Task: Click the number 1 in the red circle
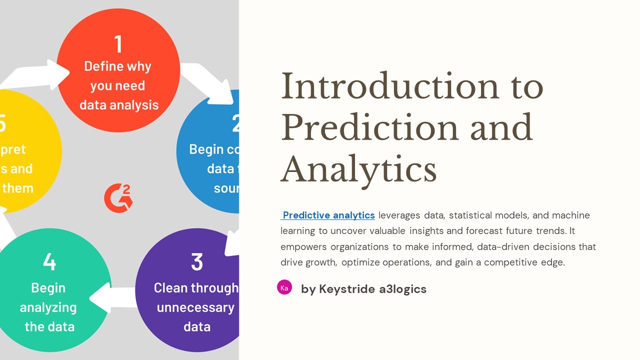pos(118,44)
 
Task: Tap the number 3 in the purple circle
pos(197,262)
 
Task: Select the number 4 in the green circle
pos(49,262)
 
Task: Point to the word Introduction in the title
pos(390,86)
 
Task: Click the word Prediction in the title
pos(368,127)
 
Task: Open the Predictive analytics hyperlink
pos(328,215)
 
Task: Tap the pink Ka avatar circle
pos(284,287)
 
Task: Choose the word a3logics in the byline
pos(401,289)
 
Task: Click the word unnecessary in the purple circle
pos(195,307)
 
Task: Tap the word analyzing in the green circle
pos(48,307)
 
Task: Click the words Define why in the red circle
pos(117,66)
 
